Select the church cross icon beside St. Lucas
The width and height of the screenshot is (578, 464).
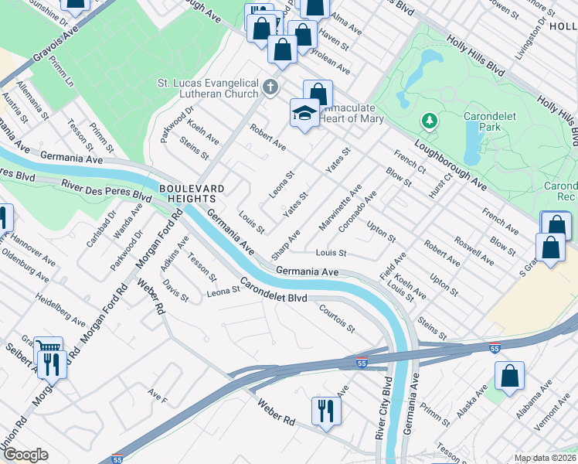tap(270, 87)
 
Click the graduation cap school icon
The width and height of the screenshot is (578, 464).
tap(304, 114)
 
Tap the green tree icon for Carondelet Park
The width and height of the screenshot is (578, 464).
tap(429, 121)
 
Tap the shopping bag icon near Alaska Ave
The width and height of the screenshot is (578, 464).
tap(510, 377)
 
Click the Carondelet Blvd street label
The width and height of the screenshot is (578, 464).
tap(274, 291)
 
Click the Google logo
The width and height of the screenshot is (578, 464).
tap(25, 455)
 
